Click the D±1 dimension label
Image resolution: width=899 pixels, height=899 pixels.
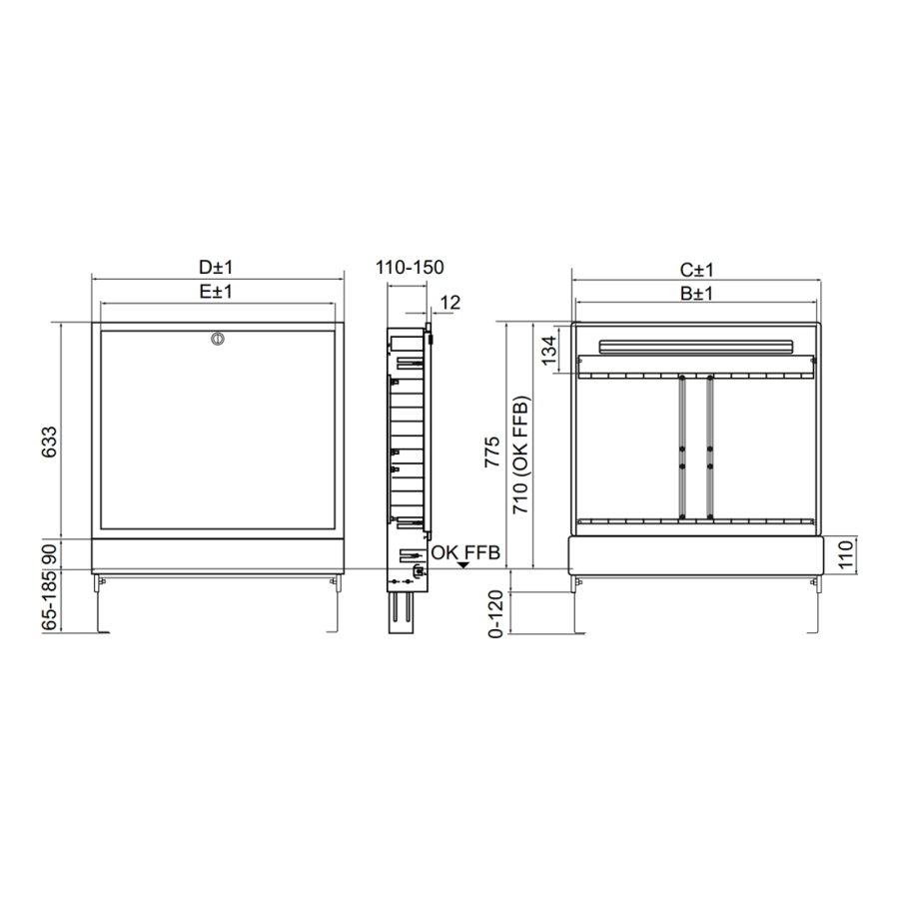click(x=216, y=267)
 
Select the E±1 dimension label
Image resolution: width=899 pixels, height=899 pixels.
click(x=216, y=292)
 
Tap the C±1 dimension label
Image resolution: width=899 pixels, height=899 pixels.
click(x=696, y=270)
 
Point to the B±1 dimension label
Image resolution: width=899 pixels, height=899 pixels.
click(x=696, y=293)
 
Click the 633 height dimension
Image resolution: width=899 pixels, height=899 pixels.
click(x=50, y=442)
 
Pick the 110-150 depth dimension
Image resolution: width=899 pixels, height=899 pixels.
click(x=410, y=267)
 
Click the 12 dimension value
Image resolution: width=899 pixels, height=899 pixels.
click(x=450, y=302)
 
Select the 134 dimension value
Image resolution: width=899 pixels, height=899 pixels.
click(x=549, y=350)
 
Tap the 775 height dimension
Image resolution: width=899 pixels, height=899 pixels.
click(x=491, y=451)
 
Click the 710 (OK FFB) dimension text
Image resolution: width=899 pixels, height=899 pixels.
click(x=521, y=454)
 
